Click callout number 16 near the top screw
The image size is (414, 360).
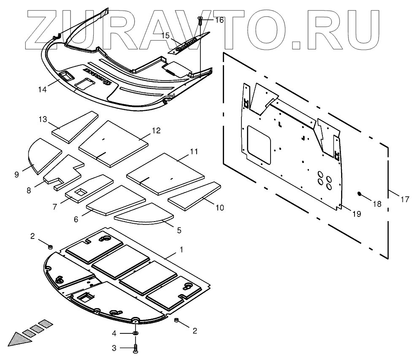point(219,20)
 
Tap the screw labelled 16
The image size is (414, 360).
point(200,19)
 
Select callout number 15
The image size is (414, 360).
point(165,36)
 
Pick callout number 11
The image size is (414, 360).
point(194,151)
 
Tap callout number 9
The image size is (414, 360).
point(16,174)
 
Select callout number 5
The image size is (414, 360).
point(179,230)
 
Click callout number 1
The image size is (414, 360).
point(181,250)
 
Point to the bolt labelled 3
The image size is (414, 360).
point(135,349)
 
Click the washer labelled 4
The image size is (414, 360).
point(135,333)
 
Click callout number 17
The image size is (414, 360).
point(405,199)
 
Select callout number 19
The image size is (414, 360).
point(357,214)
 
